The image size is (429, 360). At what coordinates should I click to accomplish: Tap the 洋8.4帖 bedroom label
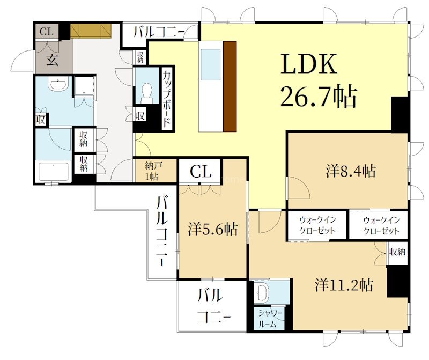tap(351, 171)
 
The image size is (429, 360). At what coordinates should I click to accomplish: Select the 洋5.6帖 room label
tap(213, 229)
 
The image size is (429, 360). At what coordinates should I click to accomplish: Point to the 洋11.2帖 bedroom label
tap(344, 285)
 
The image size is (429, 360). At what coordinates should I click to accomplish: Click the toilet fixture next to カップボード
tap(147, 93)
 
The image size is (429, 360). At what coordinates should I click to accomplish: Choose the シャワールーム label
tap(269, 319)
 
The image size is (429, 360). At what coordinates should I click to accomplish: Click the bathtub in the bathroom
tap(53, 172)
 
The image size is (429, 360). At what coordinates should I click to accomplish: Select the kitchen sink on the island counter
tap(210, 64)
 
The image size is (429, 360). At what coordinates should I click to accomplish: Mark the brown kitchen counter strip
tap(230, 86)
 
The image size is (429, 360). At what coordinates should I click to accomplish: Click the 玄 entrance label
tap(52, 60)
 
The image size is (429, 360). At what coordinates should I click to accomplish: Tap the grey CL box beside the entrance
tap(47, 32)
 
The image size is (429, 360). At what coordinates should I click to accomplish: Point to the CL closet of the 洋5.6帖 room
tap(200, 172)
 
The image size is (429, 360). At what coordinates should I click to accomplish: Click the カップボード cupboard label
tap(167, 99)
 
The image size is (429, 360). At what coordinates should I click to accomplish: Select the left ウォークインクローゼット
tap(317, 225)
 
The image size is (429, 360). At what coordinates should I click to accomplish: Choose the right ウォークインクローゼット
tap(381, 225)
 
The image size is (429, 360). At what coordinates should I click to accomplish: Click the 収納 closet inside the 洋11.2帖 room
tap(397, 252)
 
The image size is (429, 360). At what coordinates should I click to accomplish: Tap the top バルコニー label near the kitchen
tap(159, 32)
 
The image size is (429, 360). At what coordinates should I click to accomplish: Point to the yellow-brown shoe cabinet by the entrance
tap(91, 31)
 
